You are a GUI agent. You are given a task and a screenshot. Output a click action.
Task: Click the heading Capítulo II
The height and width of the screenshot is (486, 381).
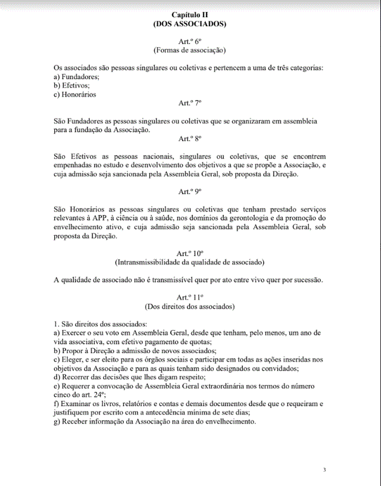click(190, 14)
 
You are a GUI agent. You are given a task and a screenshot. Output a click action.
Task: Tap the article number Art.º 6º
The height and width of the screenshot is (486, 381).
click(190, 41)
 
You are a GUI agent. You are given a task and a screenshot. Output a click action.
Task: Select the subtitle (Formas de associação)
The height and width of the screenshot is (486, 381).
click(190, 51)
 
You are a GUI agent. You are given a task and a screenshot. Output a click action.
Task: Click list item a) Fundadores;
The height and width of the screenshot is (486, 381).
click(76, 77)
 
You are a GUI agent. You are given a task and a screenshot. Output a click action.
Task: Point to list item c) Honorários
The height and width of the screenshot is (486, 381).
click(75, 94)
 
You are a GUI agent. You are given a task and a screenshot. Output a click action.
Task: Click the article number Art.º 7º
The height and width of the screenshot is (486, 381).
click(190, 103)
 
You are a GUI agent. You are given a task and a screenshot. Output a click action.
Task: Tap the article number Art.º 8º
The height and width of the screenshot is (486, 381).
click(190, 138)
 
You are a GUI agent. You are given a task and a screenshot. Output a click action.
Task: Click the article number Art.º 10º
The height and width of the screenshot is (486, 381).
click(190, 253)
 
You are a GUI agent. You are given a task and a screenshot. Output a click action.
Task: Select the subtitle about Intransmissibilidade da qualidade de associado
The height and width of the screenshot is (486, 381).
click(190, 262)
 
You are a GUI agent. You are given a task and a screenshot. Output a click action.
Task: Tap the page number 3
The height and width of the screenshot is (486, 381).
click(324, 470)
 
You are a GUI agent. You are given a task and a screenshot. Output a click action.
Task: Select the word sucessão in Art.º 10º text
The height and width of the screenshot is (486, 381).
click(307, 279)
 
